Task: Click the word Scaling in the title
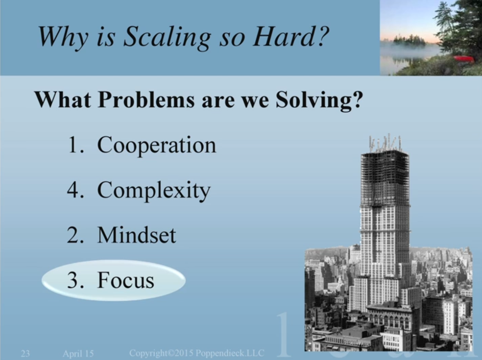[x=167, y=37]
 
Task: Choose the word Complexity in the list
[x=154, y=190]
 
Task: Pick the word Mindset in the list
[x=137, y=235]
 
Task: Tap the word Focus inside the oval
[x=126, y=280]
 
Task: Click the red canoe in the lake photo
[x=463, y=59]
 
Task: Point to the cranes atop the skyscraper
[x=385, y=143]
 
